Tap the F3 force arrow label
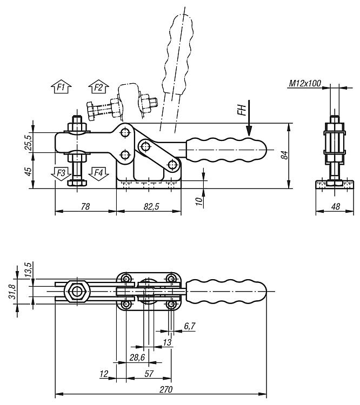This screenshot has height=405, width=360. pos(61,173)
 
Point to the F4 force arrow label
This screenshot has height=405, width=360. pos(98,173)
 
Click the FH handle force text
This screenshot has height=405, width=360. pos(241,111)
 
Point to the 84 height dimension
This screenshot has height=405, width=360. pos(285,155)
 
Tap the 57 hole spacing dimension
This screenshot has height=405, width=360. pos(150,374)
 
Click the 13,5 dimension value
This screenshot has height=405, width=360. pos(28,268)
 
